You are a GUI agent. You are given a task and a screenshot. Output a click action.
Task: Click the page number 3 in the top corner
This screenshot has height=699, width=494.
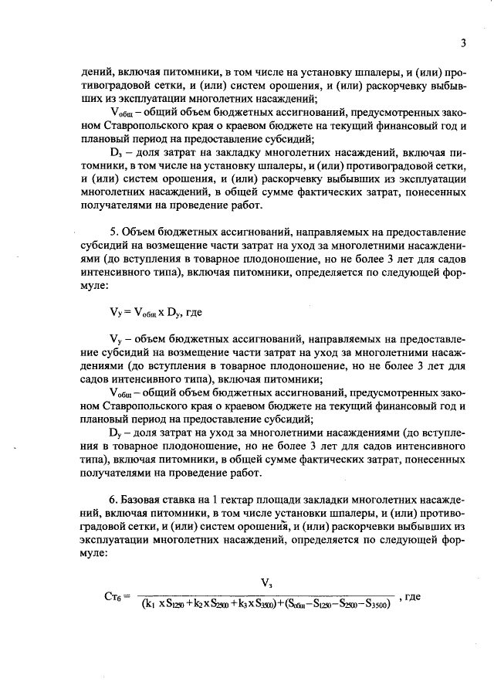pos(462,42)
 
